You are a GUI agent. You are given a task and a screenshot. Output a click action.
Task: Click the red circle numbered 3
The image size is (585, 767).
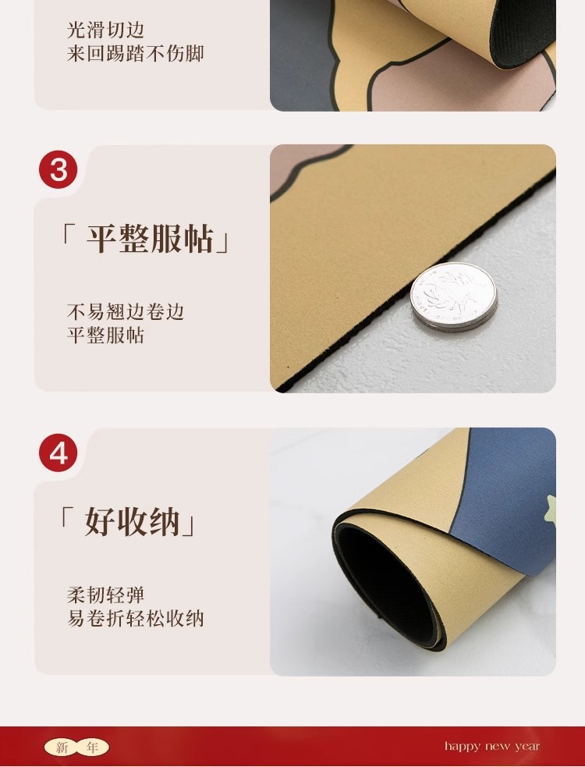click(58, 169)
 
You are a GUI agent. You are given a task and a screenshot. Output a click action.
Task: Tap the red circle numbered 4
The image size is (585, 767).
click(58, 453)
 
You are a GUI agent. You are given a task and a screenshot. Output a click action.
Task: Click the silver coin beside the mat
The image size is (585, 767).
click(453, 297)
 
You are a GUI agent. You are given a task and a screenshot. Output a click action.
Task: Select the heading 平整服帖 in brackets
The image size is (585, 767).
click(145, 239)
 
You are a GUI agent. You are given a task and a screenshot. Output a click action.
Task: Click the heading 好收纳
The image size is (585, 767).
click(128, 521)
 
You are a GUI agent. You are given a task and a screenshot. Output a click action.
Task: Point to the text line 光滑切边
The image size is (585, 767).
click(105, 30)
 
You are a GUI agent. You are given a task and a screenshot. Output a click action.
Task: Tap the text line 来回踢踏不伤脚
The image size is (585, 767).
click(135, 53)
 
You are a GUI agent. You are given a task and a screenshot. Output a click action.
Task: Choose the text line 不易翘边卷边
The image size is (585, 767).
click(126, 311)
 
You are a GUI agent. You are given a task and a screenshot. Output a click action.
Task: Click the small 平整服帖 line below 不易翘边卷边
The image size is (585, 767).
click(105, 336)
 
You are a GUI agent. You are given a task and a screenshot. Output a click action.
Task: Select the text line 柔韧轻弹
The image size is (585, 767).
click(105, 595)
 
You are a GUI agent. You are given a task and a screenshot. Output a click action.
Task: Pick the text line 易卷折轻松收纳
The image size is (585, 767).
click(135, 619)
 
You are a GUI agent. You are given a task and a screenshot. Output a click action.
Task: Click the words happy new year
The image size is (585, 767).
click(492, 747)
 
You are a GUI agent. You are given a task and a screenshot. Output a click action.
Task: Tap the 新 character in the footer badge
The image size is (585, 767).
click(62, 747)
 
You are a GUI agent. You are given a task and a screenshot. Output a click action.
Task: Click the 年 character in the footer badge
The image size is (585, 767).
click(92, 747)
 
